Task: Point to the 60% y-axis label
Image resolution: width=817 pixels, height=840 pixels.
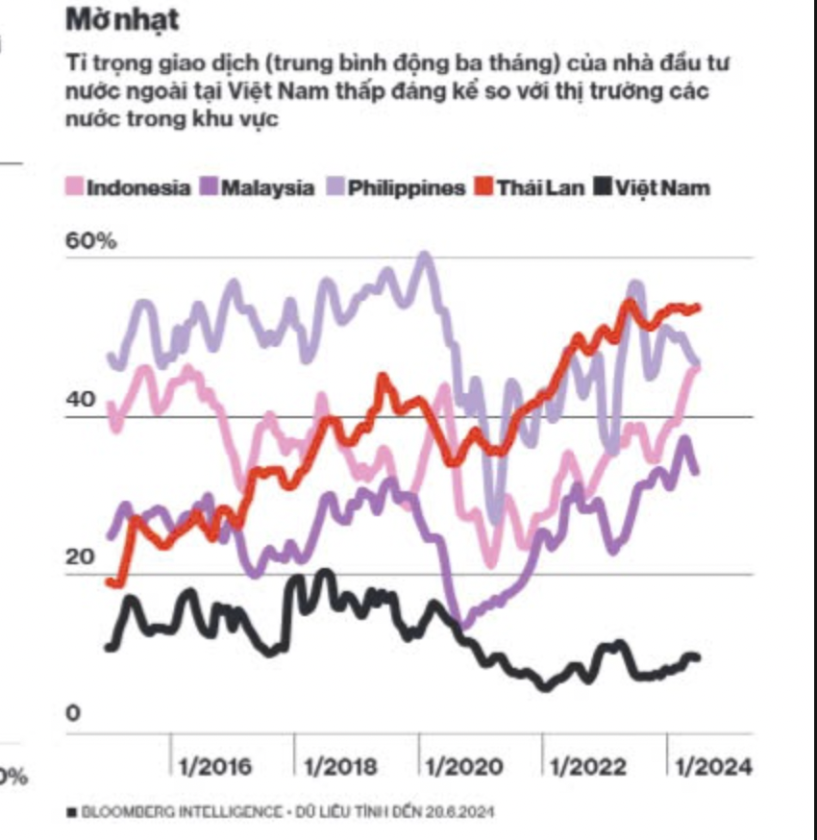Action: pyautogui.click(x=90, y=241)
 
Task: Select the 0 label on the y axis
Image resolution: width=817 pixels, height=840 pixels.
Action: pyautogui.click(x=73, y=714)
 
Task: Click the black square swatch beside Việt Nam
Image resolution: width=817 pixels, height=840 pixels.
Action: pyautogui.click(x=603, y=187)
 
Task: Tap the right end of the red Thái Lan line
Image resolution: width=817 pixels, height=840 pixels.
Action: pyautogui.click(x=699, y=308)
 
